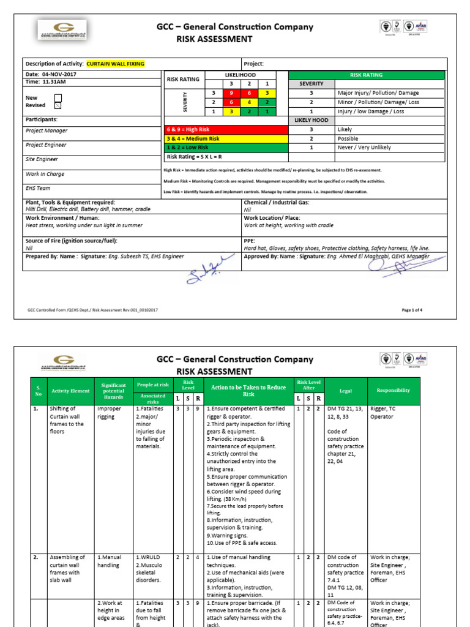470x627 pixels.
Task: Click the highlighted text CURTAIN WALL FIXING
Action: coord(116,64)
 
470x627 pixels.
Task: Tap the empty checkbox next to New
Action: coord(58,97)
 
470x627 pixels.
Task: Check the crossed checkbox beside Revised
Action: coord(58,105)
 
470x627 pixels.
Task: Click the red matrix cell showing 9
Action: coord(231,92)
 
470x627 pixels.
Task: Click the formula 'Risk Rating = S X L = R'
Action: coord(195,157)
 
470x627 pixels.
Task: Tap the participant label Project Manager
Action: coord(47,130)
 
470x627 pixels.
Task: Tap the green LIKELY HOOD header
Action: coord(311,121)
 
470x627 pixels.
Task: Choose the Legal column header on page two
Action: coord(345,390)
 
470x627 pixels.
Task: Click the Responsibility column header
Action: coord(394,390)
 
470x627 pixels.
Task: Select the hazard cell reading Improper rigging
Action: coord(110,412)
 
